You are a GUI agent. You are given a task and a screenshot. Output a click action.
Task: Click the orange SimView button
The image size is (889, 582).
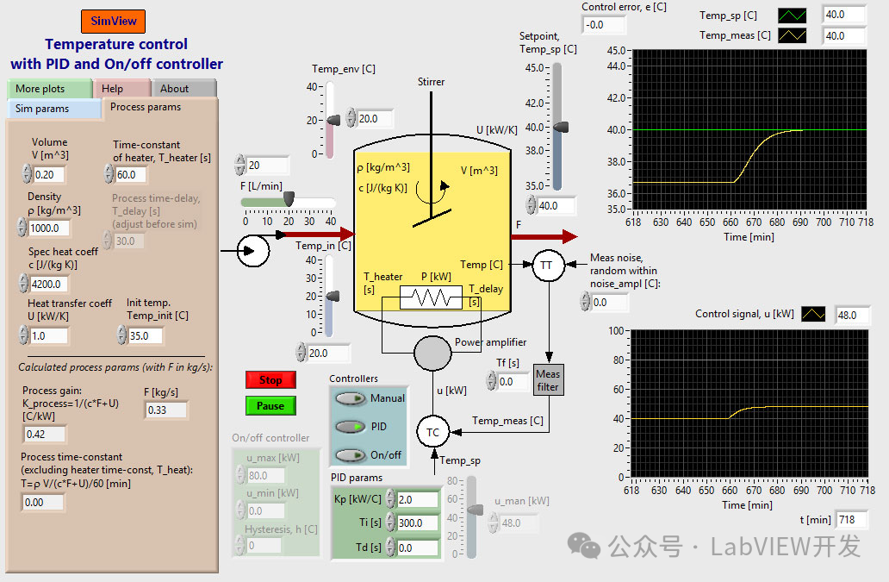[x=113, y=21]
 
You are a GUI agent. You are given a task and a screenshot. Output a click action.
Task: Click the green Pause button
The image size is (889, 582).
[x=270, y=405]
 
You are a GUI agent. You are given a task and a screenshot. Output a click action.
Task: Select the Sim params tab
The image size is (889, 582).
[x=53, y=109]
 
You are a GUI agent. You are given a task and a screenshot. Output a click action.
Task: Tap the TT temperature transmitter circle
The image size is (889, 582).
[x=545, y=266]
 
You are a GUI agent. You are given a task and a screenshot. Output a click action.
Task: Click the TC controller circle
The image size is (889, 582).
[x=432, y=432]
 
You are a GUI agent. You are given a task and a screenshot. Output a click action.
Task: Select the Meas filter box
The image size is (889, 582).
[x=548, y=380]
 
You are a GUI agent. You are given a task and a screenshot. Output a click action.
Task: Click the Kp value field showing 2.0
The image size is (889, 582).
[x=417, y=499]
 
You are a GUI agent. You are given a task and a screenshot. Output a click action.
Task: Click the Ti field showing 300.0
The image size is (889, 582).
[x=417, y=523]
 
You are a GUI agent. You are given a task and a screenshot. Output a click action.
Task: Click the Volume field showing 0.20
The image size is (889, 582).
[x=48, y=175]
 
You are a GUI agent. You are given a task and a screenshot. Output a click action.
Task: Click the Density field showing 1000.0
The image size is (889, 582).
[x=48, y=228]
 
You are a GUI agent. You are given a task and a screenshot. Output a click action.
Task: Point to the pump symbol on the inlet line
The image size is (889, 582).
[x=253, y=251]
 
